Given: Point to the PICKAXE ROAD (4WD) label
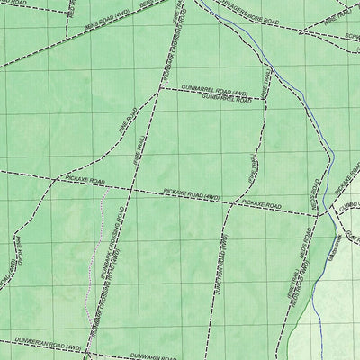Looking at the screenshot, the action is [x=192, y=193].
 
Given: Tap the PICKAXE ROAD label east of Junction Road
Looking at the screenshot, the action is [x=260, y=206].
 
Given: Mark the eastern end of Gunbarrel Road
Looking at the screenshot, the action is [x=265, y=97].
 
